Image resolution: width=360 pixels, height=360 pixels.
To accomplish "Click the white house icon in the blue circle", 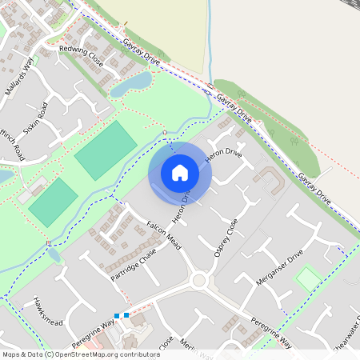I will (x=180, y=173).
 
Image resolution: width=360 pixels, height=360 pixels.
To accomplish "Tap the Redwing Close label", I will (x=81, y=54).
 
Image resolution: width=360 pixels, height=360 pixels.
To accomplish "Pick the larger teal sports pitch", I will (x=106, y=150).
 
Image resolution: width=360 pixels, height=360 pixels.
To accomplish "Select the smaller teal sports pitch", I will (x=53, y=202).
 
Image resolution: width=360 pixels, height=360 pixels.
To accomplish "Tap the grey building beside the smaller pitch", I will (x=32, y=190).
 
